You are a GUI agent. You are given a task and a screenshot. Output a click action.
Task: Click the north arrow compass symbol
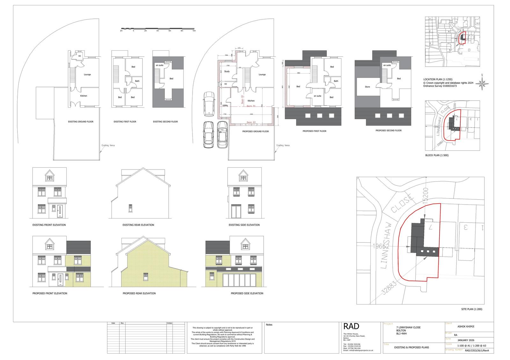(482, 83)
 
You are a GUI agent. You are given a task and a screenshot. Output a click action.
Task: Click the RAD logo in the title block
(351, 326)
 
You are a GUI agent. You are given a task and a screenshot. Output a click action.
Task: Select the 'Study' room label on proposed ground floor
(227, 71)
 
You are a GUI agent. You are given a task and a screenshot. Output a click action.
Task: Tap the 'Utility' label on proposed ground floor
(225, 105)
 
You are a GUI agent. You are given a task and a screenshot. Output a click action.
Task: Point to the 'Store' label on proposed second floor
(367, 87)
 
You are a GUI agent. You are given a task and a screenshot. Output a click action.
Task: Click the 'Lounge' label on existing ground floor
(87, 75)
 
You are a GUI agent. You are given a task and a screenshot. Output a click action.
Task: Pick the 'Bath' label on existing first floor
(137, 81)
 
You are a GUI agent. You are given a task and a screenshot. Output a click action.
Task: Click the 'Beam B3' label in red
(251, 122)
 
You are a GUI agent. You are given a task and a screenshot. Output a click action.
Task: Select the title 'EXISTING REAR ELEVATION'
(138, 225)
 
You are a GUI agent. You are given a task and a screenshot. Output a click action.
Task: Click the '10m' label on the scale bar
(194, 31)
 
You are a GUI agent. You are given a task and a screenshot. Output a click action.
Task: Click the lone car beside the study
(209, 104)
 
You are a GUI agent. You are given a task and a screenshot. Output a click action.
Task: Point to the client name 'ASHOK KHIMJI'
(466, 326)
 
